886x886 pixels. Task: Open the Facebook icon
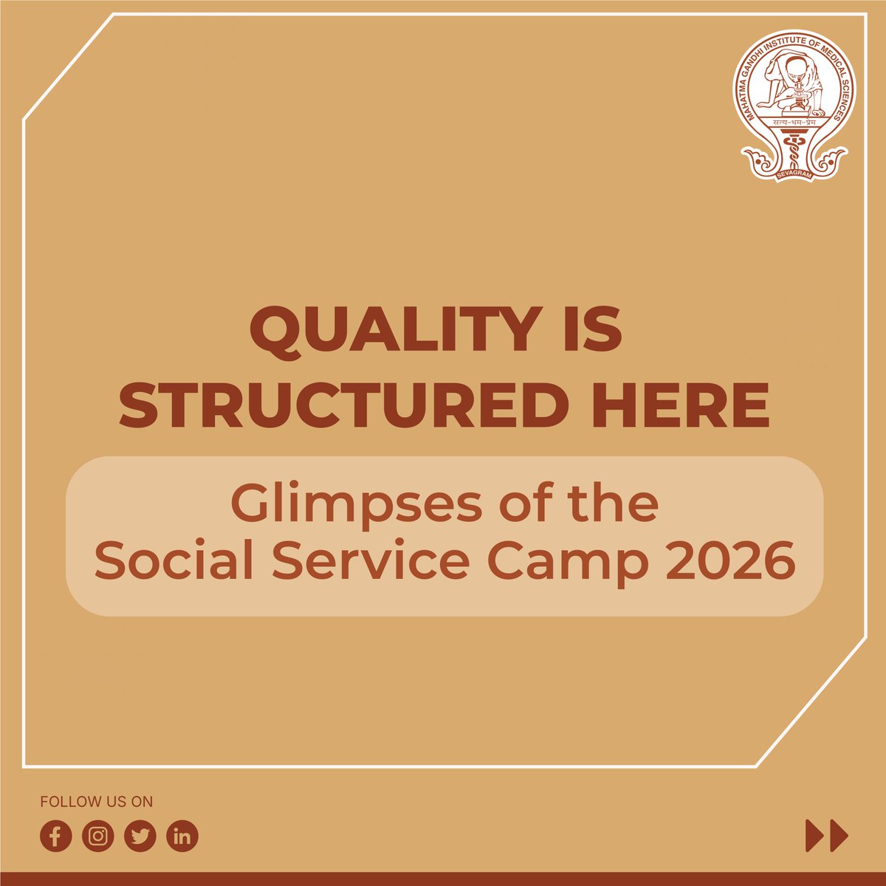[x=56, y=837]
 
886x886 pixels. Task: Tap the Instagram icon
[x=98, y=837]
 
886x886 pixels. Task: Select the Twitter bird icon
[x=140, y=837]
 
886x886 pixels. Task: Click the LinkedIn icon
[x=182, y=837]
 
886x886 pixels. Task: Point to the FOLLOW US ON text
[x=97, y=802]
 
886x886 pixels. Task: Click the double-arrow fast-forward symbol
[x=827, y=837]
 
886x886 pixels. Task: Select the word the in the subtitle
[x=619, y=505]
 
